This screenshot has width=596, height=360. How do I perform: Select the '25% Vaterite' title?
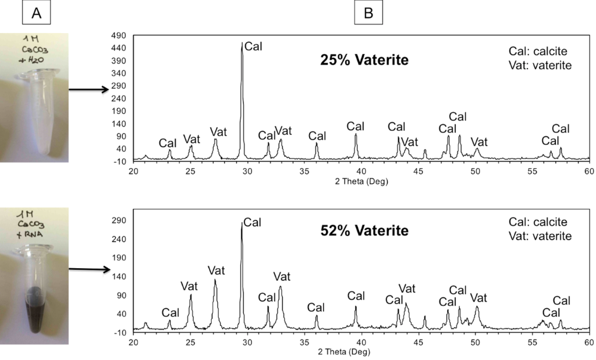tap(364, 60)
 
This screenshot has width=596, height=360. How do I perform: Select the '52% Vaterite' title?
tap(364, 230)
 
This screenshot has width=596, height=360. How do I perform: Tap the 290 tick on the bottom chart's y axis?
tap(121, 221)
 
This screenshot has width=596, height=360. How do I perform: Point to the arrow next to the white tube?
tap(88, 89)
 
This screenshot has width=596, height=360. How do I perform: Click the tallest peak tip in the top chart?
tap(242, 42)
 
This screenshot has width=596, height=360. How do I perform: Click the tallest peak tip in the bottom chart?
tap(242, 223)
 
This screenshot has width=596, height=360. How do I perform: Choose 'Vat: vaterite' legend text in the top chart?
tap(540, 65)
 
